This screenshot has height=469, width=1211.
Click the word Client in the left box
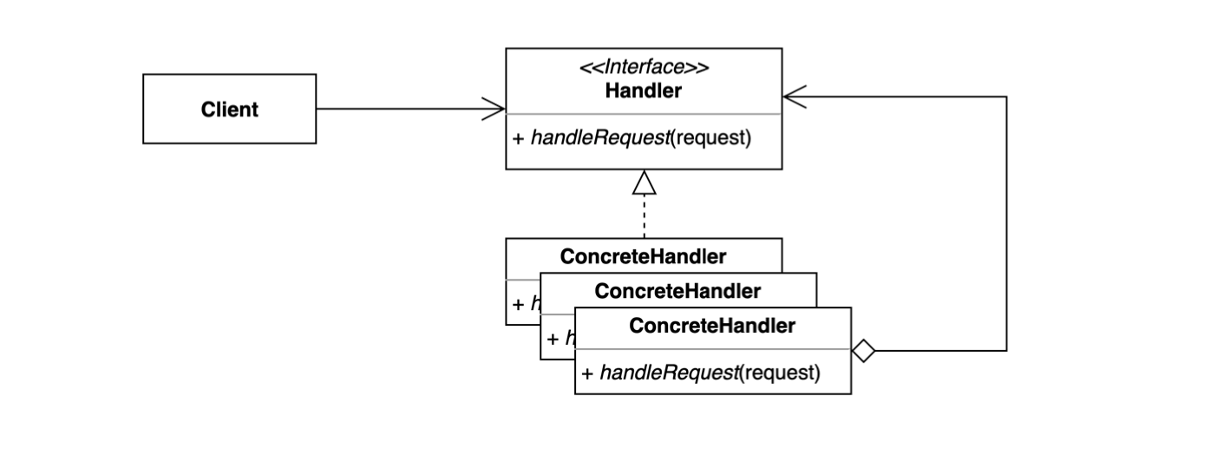click(x=229, y=109)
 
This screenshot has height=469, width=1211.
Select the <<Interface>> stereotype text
click(x=643, y=68)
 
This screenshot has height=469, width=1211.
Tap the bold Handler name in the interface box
click(x=643, y=90)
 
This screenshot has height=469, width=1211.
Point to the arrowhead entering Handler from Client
click(x=495, y=109)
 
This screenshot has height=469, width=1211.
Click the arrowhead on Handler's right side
click(x=793, y=97)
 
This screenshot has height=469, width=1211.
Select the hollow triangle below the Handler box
click(x=644, y=182)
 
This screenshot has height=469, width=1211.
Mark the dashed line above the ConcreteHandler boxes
click(x=644, y=217)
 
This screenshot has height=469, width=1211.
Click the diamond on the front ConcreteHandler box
click(x=863, y=351)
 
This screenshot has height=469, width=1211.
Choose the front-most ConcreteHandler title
click(x=711, y=327)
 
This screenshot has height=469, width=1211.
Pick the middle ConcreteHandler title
click(x=678, y=291)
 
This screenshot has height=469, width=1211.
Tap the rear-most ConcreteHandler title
click(x=643, y=256)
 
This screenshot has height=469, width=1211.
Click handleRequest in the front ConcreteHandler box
click(x=666, y=373)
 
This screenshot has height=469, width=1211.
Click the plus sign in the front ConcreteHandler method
click(x=586, y=373)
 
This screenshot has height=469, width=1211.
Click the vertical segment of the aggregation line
click(x=1006, y=226)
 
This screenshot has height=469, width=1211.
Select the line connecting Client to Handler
click(x=399, y=109)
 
